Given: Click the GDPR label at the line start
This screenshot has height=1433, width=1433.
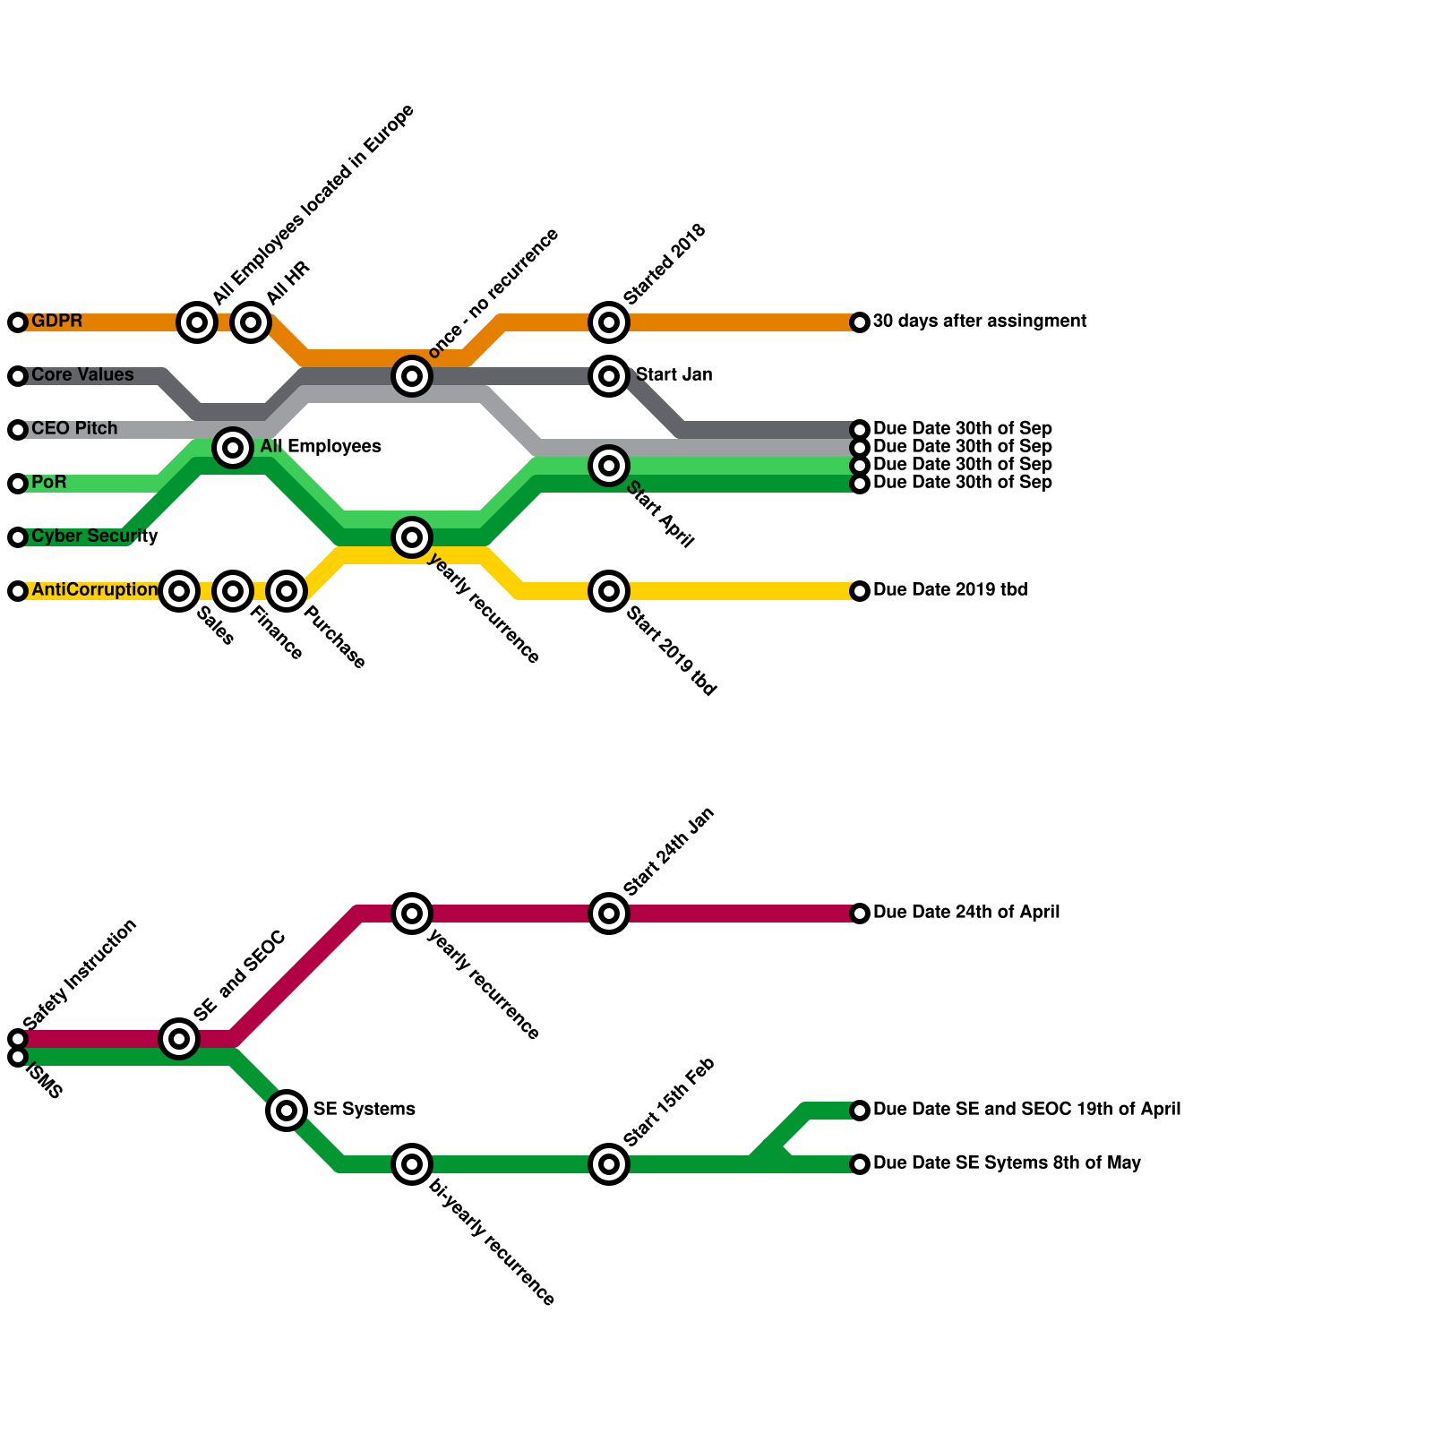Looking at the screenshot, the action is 56,322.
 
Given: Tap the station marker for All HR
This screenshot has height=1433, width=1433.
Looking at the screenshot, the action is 251,322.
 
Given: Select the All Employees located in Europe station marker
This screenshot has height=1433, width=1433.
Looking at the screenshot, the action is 197,322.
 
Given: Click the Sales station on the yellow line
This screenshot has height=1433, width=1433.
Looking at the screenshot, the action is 179,591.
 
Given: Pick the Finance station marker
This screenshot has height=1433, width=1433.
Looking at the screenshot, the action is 233,591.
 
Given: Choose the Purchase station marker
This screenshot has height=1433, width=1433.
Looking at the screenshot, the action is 287,591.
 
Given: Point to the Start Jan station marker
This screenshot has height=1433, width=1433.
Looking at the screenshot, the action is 609,376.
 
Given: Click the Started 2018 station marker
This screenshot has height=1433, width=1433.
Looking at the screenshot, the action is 609,322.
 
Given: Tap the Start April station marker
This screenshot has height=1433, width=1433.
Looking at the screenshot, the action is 609,466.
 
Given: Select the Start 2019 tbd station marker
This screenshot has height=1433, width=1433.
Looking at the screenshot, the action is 609,591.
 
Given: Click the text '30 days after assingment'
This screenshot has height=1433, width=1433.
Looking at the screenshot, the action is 979,322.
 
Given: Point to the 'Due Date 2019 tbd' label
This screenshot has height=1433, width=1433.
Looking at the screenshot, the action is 949,590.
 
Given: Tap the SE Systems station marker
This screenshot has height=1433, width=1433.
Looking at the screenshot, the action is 287,1111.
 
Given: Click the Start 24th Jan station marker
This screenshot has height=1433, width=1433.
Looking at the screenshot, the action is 609,914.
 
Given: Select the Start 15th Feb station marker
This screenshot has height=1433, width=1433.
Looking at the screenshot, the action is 609,1164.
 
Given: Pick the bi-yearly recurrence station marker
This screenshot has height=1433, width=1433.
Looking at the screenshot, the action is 412,1164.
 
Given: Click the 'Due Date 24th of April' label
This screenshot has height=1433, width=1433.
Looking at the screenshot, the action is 965,913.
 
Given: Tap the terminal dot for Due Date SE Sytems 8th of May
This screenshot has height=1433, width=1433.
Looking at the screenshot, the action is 860,1164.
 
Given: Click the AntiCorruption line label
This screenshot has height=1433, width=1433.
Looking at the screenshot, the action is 94,590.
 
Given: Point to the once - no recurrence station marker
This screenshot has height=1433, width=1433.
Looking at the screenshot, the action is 412,376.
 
